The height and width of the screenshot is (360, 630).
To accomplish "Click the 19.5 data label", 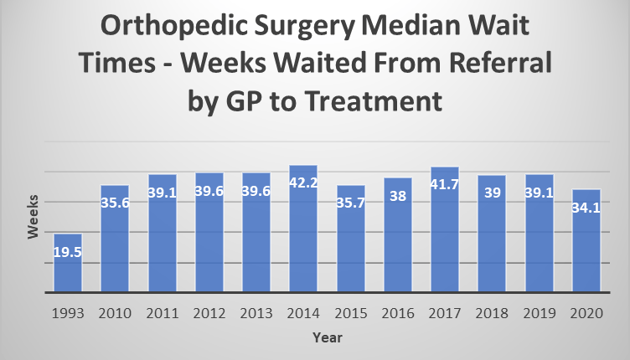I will [x=67, y=249].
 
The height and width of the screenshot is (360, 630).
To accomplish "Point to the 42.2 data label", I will [x=303, y=182].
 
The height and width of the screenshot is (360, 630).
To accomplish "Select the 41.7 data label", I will [x=445, y=183].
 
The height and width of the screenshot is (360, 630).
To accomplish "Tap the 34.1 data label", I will [x=586, y=206].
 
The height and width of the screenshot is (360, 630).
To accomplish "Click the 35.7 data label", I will [x=351, y=202].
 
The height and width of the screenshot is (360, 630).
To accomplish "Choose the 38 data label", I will [x=398, y=194].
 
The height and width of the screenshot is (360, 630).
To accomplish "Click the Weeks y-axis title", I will [x=33, y=217].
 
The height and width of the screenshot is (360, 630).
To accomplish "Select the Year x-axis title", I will [x=326, y=337].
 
